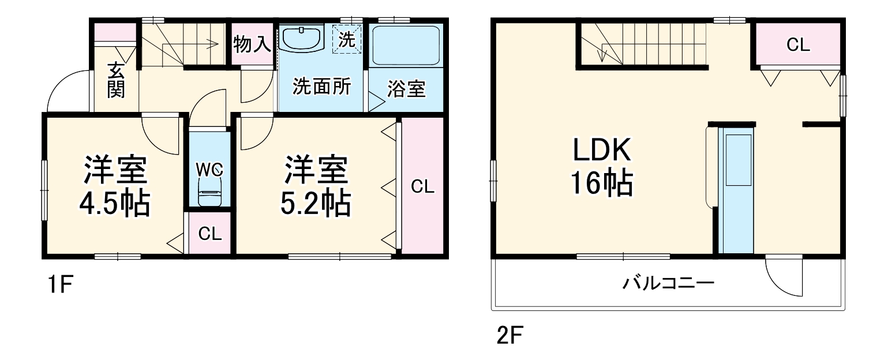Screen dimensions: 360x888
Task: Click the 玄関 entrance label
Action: pyautogui.click(x=116, y=81)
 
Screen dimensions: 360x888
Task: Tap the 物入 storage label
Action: pyautogui.click(x=252, y=43)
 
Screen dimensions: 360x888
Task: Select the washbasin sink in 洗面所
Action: pyautogui.click(x=302, y=39)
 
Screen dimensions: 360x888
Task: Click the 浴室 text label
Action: pyautogui.click(x=406, y=89)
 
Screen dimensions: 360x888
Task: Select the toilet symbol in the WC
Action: pyautogui.click(x=208, y=190)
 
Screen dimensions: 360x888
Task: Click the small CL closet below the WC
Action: pyautogui.click(x=209, y=234)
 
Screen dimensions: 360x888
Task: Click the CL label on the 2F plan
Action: pyautogui.click(x=798, y=45)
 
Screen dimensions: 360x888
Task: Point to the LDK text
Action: pyautogui.click(x=602, y=152)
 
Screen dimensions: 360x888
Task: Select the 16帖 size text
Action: pyautogui.click(x=602, y=183)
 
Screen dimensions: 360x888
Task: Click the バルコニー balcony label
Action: pyautogui.click(x=668, y=283)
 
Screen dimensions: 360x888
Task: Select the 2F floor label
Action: pyautogui.click(x=508, y=335)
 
